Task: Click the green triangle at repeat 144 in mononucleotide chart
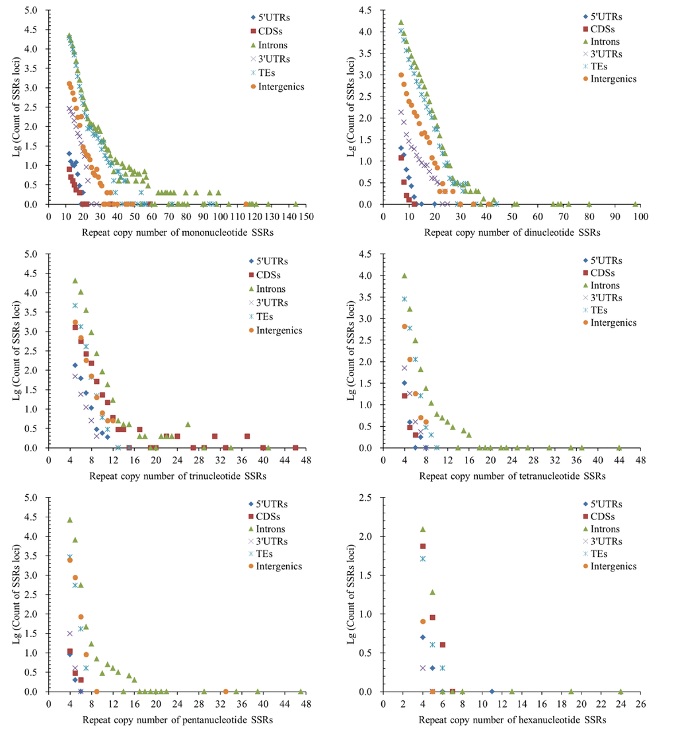pyautogui.click(x=295, y=204)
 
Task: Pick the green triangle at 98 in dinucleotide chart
pyautogui.click(x=636, y=204)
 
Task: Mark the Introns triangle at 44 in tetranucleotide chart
pyautogui.click(x=619, y=447)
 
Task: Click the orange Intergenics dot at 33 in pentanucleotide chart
pyautogui.click(x=225, y=691)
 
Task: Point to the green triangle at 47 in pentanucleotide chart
pyautogui.click(x=301, y=691)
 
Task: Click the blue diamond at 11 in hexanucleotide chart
pyautogui.click(x=492, y=691)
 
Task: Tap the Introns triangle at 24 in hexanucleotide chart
pyautogui.click(x=620, y=691)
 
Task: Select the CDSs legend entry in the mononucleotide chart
pyautogui.click(x=267, y=30)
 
